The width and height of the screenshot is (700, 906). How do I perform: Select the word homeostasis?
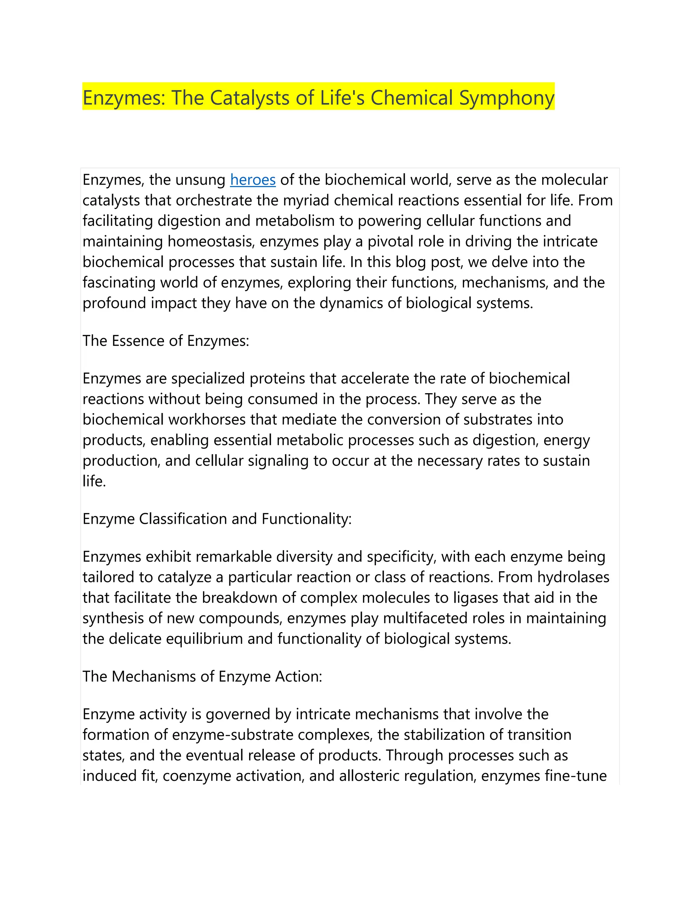point(209,241)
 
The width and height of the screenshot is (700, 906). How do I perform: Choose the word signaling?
point(278,461)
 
